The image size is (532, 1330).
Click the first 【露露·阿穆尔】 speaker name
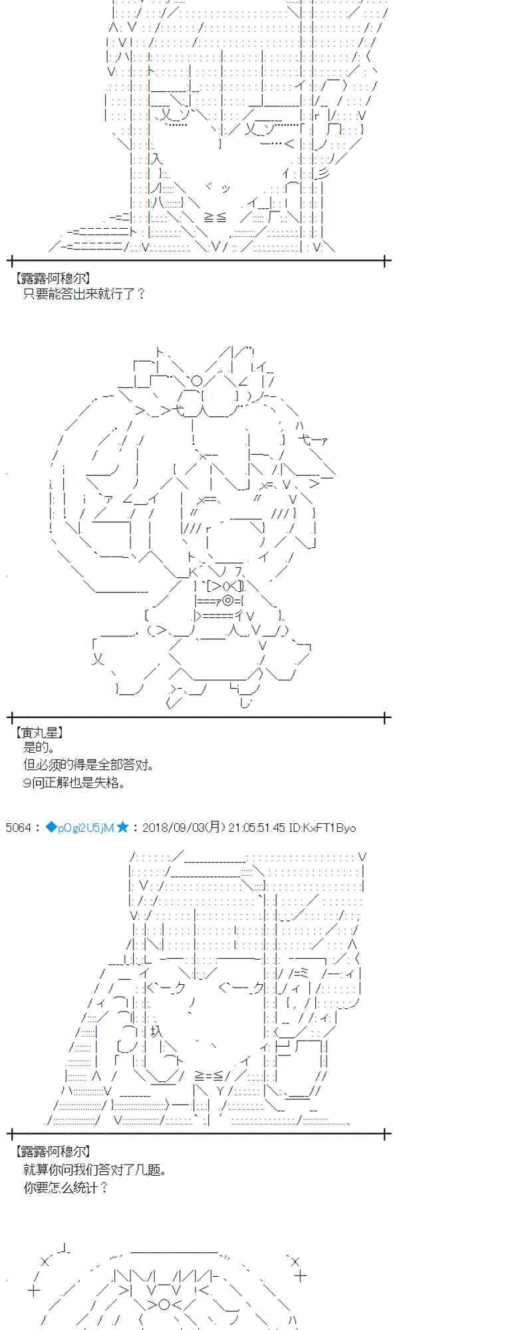pos(52,279)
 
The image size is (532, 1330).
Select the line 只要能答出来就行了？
pos(84,293)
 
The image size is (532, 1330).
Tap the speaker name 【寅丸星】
pos(39,732)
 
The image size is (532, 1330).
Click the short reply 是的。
pos(39,747)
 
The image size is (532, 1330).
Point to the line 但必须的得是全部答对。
pos(89,765)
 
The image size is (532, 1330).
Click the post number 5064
pos(18,828)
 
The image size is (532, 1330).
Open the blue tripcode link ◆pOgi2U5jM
pos(80,828)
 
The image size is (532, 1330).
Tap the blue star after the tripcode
pos(122,828)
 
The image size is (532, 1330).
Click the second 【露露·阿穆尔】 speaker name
pos(52,1151)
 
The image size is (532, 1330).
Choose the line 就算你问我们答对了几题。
pos(94,1169)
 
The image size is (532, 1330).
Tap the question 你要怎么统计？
pos(65,1187)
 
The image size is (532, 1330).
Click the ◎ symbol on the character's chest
pos(228,600)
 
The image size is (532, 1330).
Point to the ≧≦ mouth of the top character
pos(215,217)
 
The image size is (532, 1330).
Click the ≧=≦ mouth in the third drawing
pos(212,1076)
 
